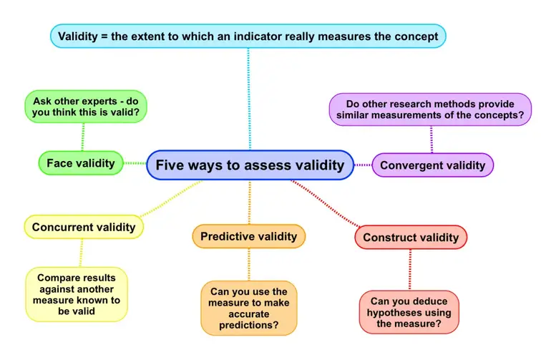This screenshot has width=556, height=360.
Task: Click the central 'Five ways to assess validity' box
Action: (250, 165)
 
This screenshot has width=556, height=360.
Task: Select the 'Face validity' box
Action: (81, 163)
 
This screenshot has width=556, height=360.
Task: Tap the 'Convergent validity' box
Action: (432, 165)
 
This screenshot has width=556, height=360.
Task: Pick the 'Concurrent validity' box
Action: (84, 227)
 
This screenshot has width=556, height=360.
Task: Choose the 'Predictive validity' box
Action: (248, 236)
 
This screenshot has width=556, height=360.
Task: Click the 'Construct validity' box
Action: (410, 237)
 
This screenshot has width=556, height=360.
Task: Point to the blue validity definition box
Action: (248, 36)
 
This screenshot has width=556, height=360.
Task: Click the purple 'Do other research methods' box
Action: (430, 110)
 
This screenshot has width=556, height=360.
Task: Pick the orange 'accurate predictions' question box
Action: (248, 308)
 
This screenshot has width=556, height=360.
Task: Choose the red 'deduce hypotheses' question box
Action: (409, 312)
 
